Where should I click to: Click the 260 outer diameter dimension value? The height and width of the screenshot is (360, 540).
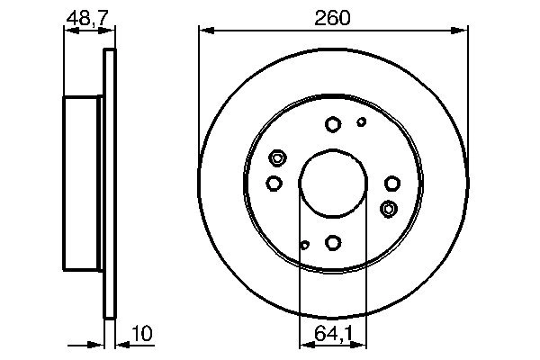coord(332,17)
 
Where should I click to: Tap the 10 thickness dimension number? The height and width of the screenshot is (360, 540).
coord(142,334)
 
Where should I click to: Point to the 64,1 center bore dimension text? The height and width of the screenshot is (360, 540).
coord(332,334)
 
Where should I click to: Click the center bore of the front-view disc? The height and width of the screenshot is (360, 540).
coord(332,184)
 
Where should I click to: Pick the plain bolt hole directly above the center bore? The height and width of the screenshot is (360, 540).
coord(332,125)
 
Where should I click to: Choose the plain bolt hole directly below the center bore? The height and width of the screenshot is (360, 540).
coord(332,242)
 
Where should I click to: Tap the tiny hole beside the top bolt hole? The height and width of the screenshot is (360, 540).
coord(362,121)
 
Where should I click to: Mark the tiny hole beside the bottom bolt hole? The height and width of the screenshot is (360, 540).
coord(305,245)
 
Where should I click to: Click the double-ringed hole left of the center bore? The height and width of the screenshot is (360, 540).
coord(277,159)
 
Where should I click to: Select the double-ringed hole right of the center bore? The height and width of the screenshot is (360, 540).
coord(389,210)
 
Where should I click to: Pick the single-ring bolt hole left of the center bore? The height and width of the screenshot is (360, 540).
coord(274,184)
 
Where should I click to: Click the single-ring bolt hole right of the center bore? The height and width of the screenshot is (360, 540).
coord(391,184)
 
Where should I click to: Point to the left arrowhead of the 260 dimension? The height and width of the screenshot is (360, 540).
coord(204,31)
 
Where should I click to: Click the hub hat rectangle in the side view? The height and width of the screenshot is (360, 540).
coord(84,184)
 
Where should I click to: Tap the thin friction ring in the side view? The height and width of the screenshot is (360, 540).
coord(111,184)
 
